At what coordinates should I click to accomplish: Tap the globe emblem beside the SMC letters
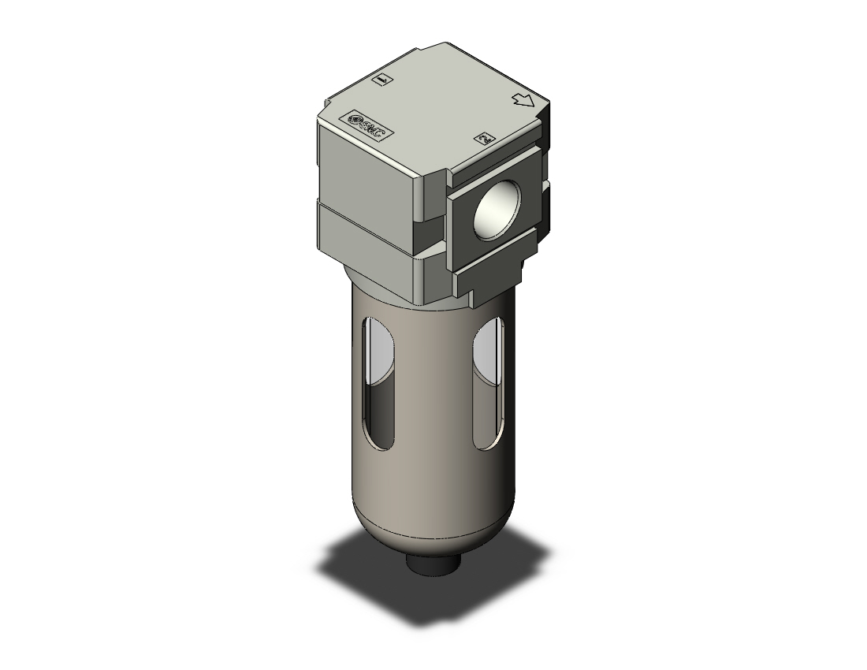355,121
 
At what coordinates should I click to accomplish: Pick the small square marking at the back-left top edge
382,80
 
